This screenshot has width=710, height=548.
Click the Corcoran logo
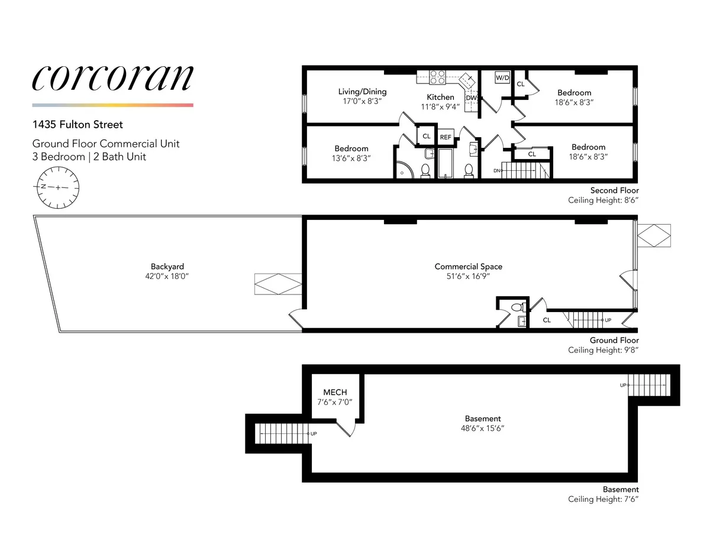(x=112, y=78)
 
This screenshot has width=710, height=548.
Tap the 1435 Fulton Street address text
(x=78, y=125)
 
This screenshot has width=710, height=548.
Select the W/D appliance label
(x=502, y=78)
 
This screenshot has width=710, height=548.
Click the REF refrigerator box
(x=446, y=137)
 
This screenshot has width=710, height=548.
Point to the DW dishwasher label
(x=471, y=98)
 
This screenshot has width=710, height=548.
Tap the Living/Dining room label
(x=362, y=92)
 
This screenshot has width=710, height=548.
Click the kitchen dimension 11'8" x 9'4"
(x=440, y=107)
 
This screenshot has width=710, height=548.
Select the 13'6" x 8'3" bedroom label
(x=351, y=158)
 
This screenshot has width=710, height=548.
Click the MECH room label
(x=335, y=393)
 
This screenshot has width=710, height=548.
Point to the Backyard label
(x=163, y=267)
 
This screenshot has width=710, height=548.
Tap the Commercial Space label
(x=468, y=267)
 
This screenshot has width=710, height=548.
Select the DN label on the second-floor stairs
(x=497, y=171)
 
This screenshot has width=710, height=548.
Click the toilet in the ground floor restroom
(x=517, y=307)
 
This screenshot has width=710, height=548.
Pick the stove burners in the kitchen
(x=437, y=77)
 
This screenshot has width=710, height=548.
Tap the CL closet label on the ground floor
(x=547, y=320)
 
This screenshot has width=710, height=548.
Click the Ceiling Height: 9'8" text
(x=603, y=350)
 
